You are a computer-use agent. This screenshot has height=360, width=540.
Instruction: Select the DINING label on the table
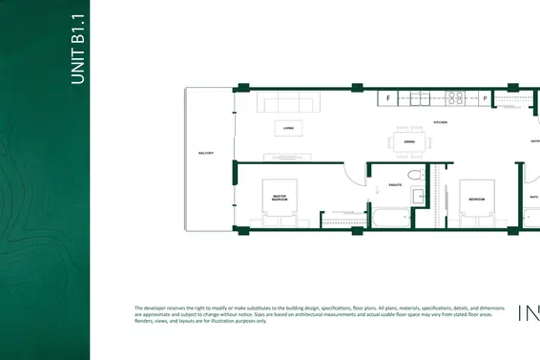[x=409, y=141]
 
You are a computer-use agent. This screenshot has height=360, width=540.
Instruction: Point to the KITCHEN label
[x=441, y=123]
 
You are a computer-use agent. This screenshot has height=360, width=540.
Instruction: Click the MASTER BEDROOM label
[x=280, y=198]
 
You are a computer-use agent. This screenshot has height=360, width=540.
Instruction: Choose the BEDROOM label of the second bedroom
[x=478, y=199]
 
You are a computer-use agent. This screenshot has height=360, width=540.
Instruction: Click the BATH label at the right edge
[x=533, y=199]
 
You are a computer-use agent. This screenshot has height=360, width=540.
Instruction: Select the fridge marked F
[x=389, y=97]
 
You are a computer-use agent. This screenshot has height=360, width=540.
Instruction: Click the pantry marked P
[x=485, y=97]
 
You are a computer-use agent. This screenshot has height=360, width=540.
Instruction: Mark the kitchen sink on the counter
[x=421, y=97]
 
